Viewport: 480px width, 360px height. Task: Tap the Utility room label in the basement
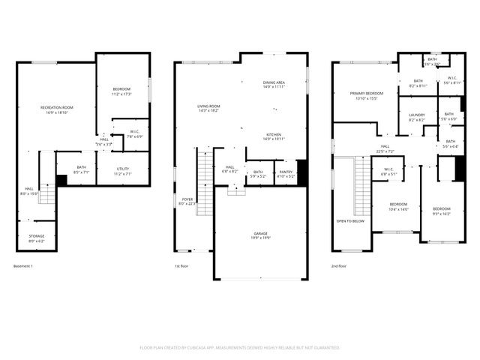(x=121, y=170)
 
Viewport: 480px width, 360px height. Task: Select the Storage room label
(x=37, y=238)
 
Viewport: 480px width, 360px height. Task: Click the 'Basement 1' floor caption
(x=23, y=266)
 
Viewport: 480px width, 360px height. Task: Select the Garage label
(x=260, y=235)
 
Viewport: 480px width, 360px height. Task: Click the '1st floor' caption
(x=181, y=266)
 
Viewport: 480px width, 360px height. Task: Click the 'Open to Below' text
(x=350, y=221)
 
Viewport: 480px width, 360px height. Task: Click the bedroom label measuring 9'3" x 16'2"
(x=441, y=211)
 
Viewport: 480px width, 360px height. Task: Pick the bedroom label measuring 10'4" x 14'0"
(x=398, y=206)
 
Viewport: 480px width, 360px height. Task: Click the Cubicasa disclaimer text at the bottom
(x=240, y=348)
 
